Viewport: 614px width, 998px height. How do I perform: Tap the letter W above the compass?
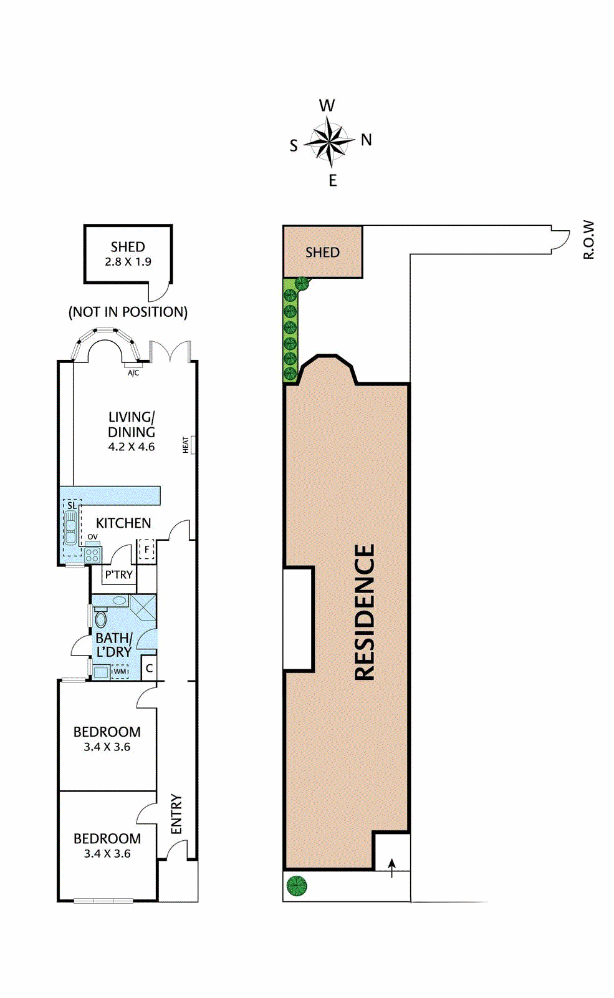(x=327, y=106)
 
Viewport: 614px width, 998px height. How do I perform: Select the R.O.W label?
(x=588, y=240)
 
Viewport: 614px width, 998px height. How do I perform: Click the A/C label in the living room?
(x=133, y=373)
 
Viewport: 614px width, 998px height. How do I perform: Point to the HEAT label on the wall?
(x=186, y=445)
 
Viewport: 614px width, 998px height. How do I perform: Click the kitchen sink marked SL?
(x=70, y=527)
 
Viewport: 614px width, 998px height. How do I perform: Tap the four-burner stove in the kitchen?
(x=92, y=555)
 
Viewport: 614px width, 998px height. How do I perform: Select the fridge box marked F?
(x=146, y=550)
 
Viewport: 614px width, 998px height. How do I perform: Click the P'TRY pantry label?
(x=119, y=574)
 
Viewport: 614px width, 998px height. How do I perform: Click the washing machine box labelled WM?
(x=119, y=671)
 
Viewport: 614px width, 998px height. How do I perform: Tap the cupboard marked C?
(x=149, y=668)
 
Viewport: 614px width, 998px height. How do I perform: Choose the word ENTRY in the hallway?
(x=176, y=814)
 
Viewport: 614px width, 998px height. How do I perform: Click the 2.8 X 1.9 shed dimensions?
(x=128, y=261)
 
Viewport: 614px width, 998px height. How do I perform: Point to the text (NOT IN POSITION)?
(x=128, y=312)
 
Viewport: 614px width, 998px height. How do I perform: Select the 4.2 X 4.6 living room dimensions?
(x=132, y=447)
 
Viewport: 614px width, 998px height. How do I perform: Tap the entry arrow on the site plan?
(x=392, y=868)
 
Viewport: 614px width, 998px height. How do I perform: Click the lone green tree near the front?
(x=297, y=885)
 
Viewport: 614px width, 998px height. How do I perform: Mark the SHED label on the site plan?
(x=322, y=253)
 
